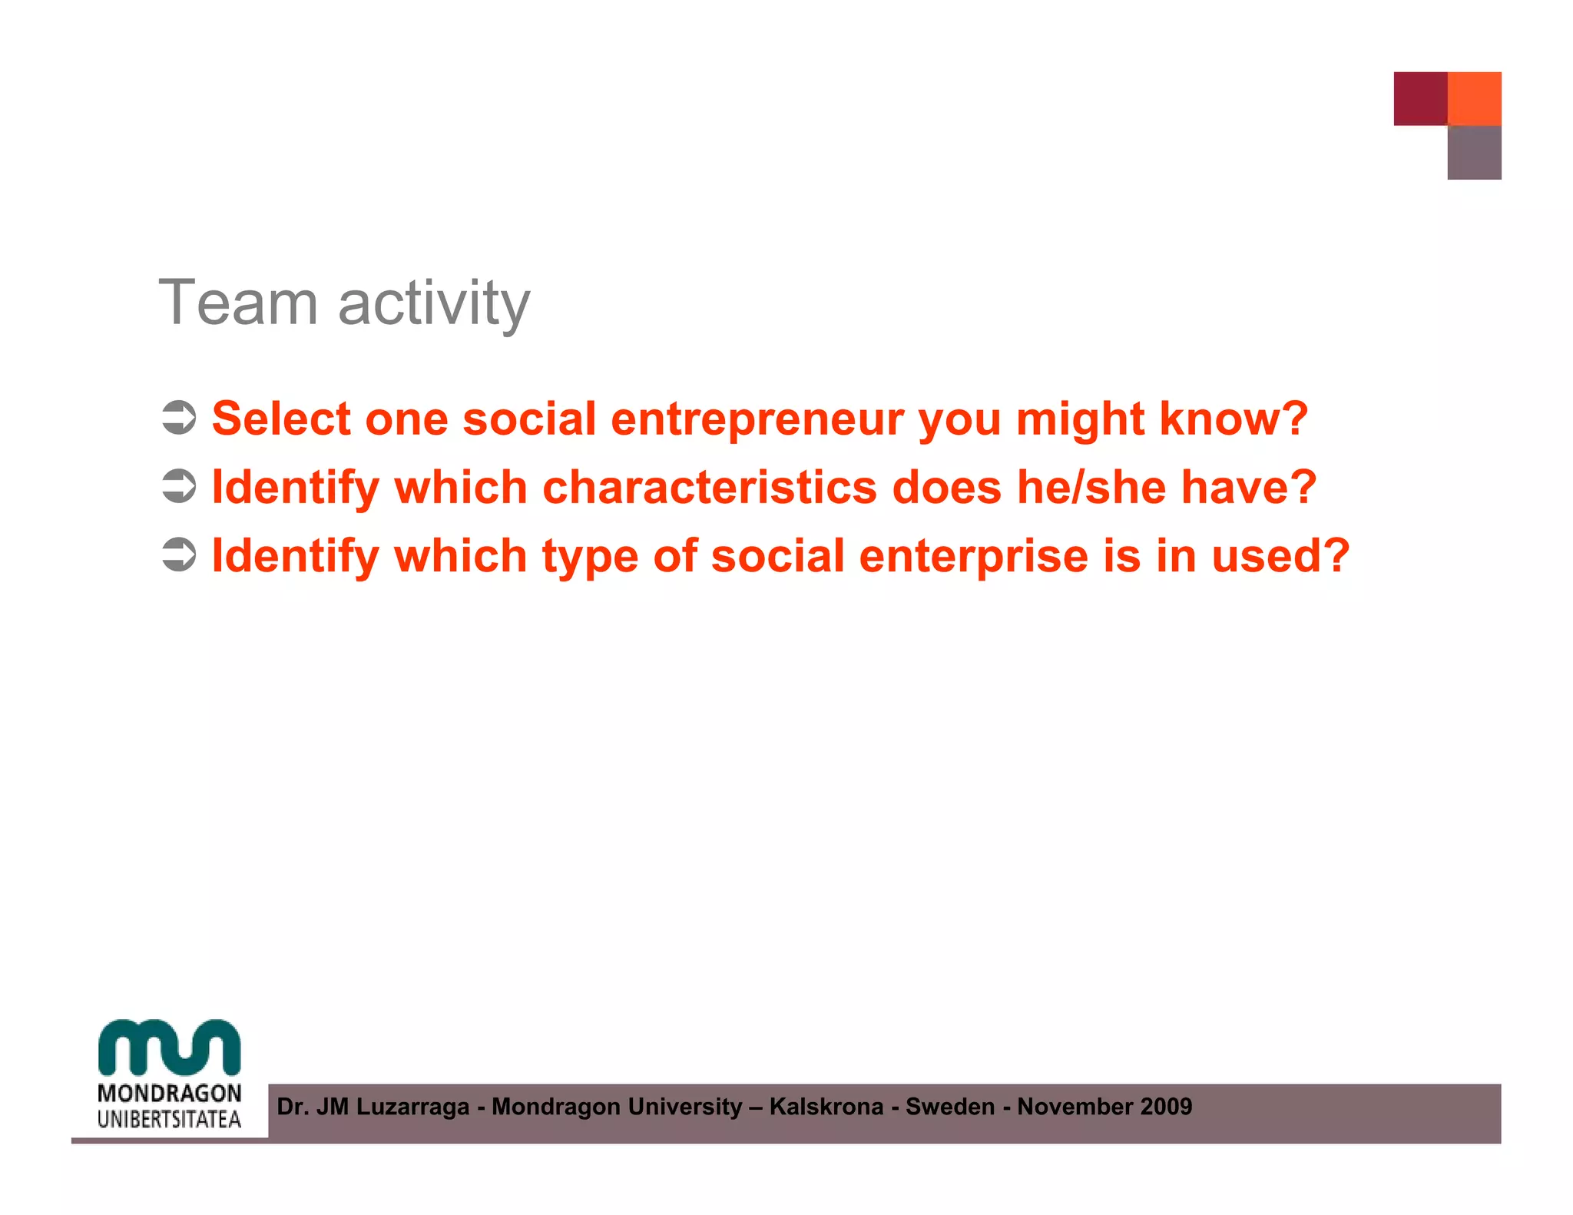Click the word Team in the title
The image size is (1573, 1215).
238,303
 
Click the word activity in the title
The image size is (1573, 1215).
434,304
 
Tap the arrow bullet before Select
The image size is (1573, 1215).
180,418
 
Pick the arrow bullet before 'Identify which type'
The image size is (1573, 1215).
180,555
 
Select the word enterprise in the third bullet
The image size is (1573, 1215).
973,556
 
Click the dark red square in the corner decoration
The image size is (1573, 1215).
1420,98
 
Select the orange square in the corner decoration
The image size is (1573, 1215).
1474,98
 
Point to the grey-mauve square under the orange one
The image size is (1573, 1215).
1474,153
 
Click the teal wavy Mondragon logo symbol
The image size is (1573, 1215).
170,1047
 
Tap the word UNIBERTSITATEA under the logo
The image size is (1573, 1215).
170,1119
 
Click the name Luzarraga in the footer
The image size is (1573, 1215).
412,1107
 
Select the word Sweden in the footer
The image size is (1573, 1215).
950,1107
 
